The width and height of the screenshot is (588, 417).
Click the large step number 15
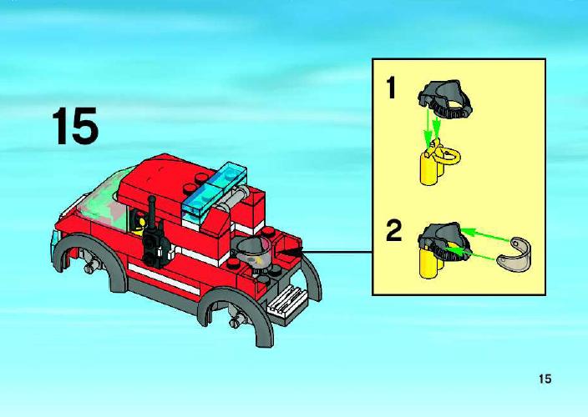[x=75, y=126]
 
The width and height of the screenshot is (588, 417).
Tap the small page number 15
[x=545, y=379]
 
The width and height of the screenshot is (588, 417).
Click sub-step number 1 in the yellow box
[x=391, y=88]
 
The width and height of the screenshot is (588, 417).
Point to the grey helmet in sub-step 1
[x=444, y=98]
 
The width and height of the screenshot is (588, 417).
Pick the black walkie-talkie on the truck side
[x=155, y=237]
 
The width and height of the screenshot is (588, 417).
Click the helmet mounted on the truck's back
[x=252, y=252]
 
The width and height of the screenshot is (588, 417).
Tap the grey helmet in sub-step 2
[x=444, y=240]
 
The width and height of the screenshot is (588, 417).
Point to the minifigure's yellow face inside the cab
[x=142, y=222]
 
